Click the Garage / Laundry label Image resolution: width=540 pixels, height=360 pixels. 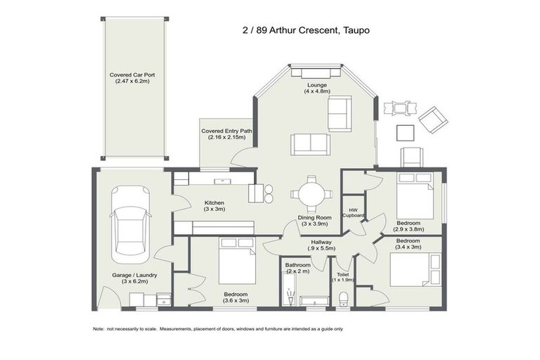point(134,278)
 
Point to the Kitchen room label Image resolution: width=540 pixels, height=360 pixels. point(214,205)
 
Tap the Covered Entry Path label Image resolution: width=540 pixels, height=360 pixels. point(226,134)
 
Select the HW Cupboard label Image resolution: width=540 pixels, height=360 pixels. point(353,212)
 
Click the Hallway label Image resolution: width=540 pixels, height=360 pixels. point(321,245)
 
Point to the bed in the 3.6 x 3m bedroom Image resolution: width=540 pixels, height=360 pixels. point(236,261)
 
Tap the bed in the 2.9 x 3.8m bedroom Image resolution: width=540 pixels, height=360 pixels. point(413,197)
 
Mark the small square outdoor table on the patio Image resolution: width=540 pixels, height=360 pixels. point(405,132)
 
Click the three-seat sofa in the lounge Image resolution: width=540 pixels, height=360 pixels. point(311,143)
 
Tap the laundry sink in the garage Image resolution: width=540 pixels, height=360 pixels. point(163,300)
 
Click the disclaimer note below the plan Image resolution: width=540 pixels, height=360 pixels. point(218,329)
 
